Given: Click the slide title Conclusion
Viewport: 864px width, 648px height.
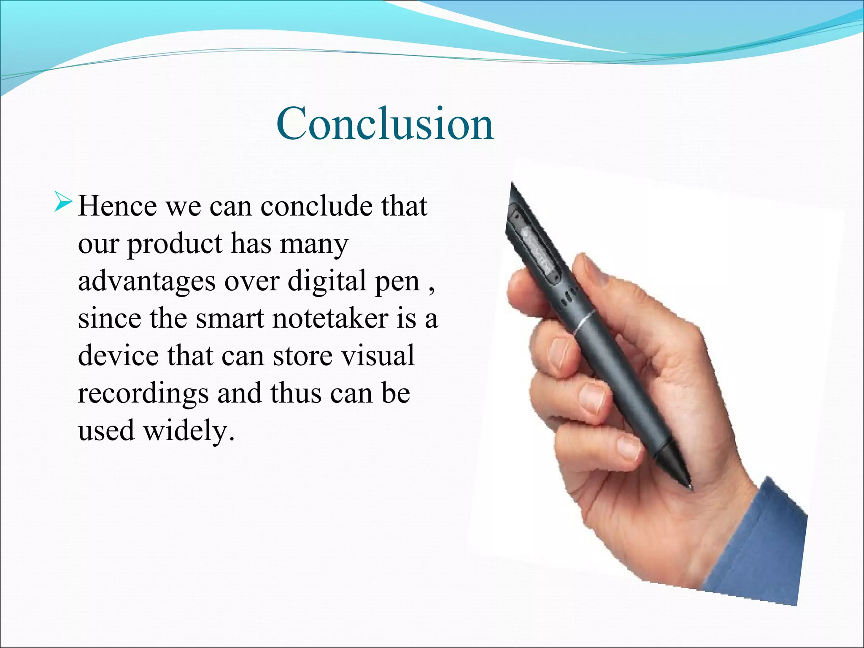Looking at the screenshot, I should (385, 124).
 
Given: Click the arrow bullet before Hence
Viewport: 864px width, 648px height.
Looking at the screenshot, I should (63, 201).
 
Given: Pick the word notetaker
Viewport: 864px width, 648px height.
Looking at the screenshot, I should (330, 318).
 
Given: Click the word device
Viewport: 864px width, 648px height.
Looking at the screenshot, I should (118, 355).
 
